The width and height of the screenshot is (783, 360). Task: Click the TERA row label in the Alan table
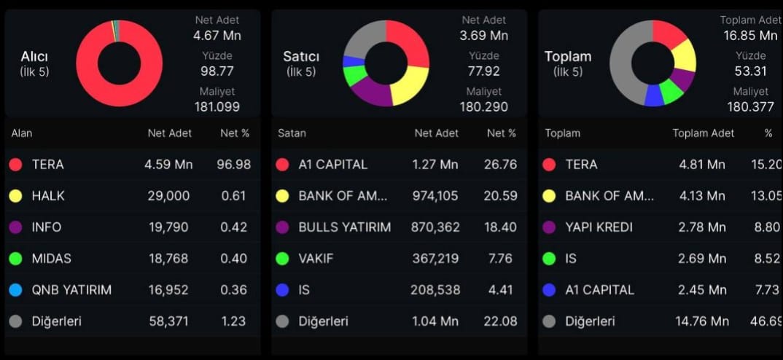tap(47, 165)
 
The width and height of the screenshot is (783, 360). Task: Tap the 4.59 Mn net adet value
tap(168, 165)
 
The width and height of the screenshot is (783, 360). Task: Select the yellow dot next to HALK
tap(15, 196)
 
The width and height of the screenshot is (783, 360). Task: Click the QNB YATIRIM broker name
tap(71, 290)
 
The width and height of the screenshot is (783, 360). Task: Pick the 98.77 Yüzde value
tap(217, 71)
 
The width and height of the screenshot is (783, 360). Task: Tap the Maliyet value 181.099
tap(217, 107)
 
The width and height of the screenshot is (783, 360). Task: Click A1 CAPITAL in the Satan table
tap(332, 165)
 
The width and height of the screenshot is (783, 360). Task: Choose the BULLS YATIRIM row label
tap(344, 227)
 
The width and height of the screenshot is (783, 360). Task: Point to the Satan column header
tap(292, 133)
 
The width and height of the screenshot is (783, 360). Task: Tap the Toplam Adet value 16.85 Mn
tap(750, 35)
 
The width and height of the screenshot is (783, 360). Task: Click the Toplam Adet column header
tap(703, 133)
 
